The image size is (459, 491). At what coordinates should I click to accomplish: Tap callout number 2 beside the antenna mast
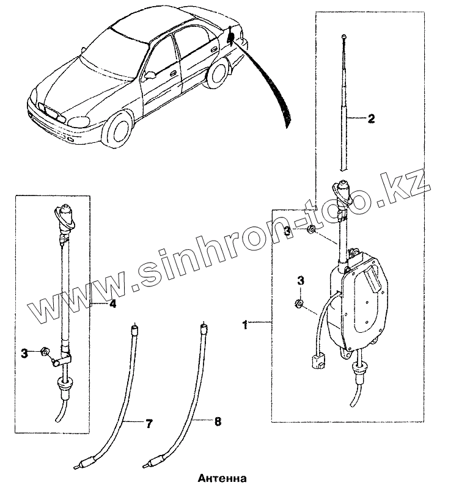[x=370, y=120]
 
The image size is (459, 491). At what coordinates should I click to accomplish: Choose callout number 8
[x=218, y=421]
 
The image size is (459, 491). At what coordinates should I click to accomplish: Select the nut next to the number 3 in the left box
[x=45, y=352]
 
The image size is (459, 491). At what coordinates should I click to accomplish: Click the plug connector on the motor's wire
[x=318, y=362]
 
